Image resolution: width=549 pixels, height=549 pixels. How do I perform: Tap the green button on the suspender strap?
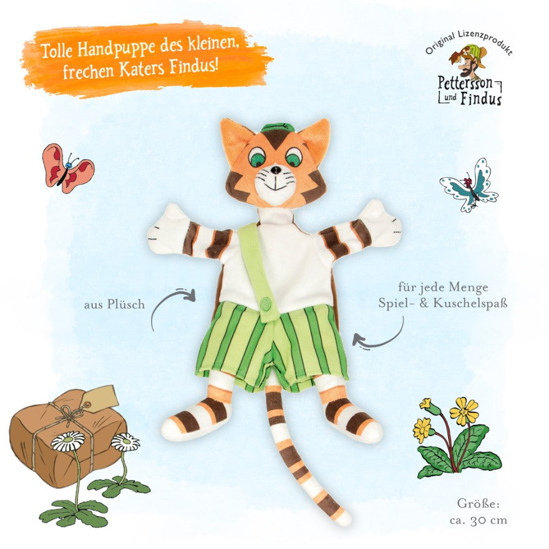click(266, 302)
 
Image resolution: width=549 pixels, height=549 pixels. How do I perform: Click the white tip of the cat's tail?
click(344, 517)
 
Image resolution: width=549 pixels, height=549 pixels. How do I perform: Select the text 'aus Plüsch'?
click(114, 304)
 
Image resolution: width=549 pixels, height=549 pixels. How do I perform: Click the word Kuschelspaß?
click(470, 303)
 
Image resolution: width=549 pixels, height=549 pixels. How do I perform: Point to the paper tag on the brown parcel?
click(99, 398)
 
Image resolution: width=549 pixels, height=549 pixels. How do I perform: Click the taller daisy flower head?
click(68, 441)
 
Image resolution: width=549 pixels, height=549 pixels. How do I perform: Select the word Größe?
click(479, 503)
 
